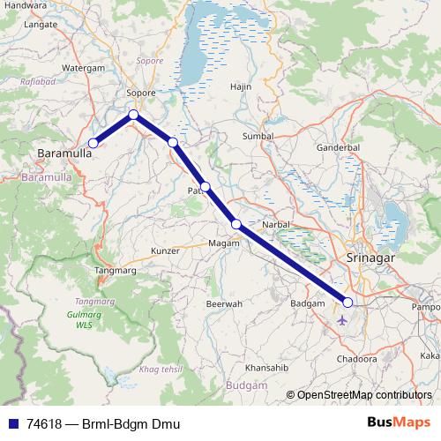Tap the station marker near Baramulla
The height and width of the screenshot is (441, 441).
[93, 143]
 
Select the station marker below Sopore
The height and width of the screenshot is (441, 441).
[133, 115]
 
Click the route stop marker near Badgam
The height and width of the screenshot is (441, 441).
[348, 303]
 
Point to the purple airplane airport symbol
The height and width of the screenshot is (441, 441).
[342, 319]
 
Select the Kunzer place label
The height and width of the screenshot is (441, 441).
[165, 251]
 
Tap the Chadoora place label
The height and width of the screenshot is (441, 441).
[356, 360]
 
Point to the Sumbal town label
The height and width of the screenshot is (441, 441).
[258, 137]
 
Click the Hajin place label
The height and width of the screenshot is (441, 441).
[241, 87]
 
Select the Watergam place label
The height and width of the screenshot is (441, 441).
[84, 66]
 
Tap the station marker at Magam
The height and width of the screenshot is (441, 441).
[236, 224]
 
